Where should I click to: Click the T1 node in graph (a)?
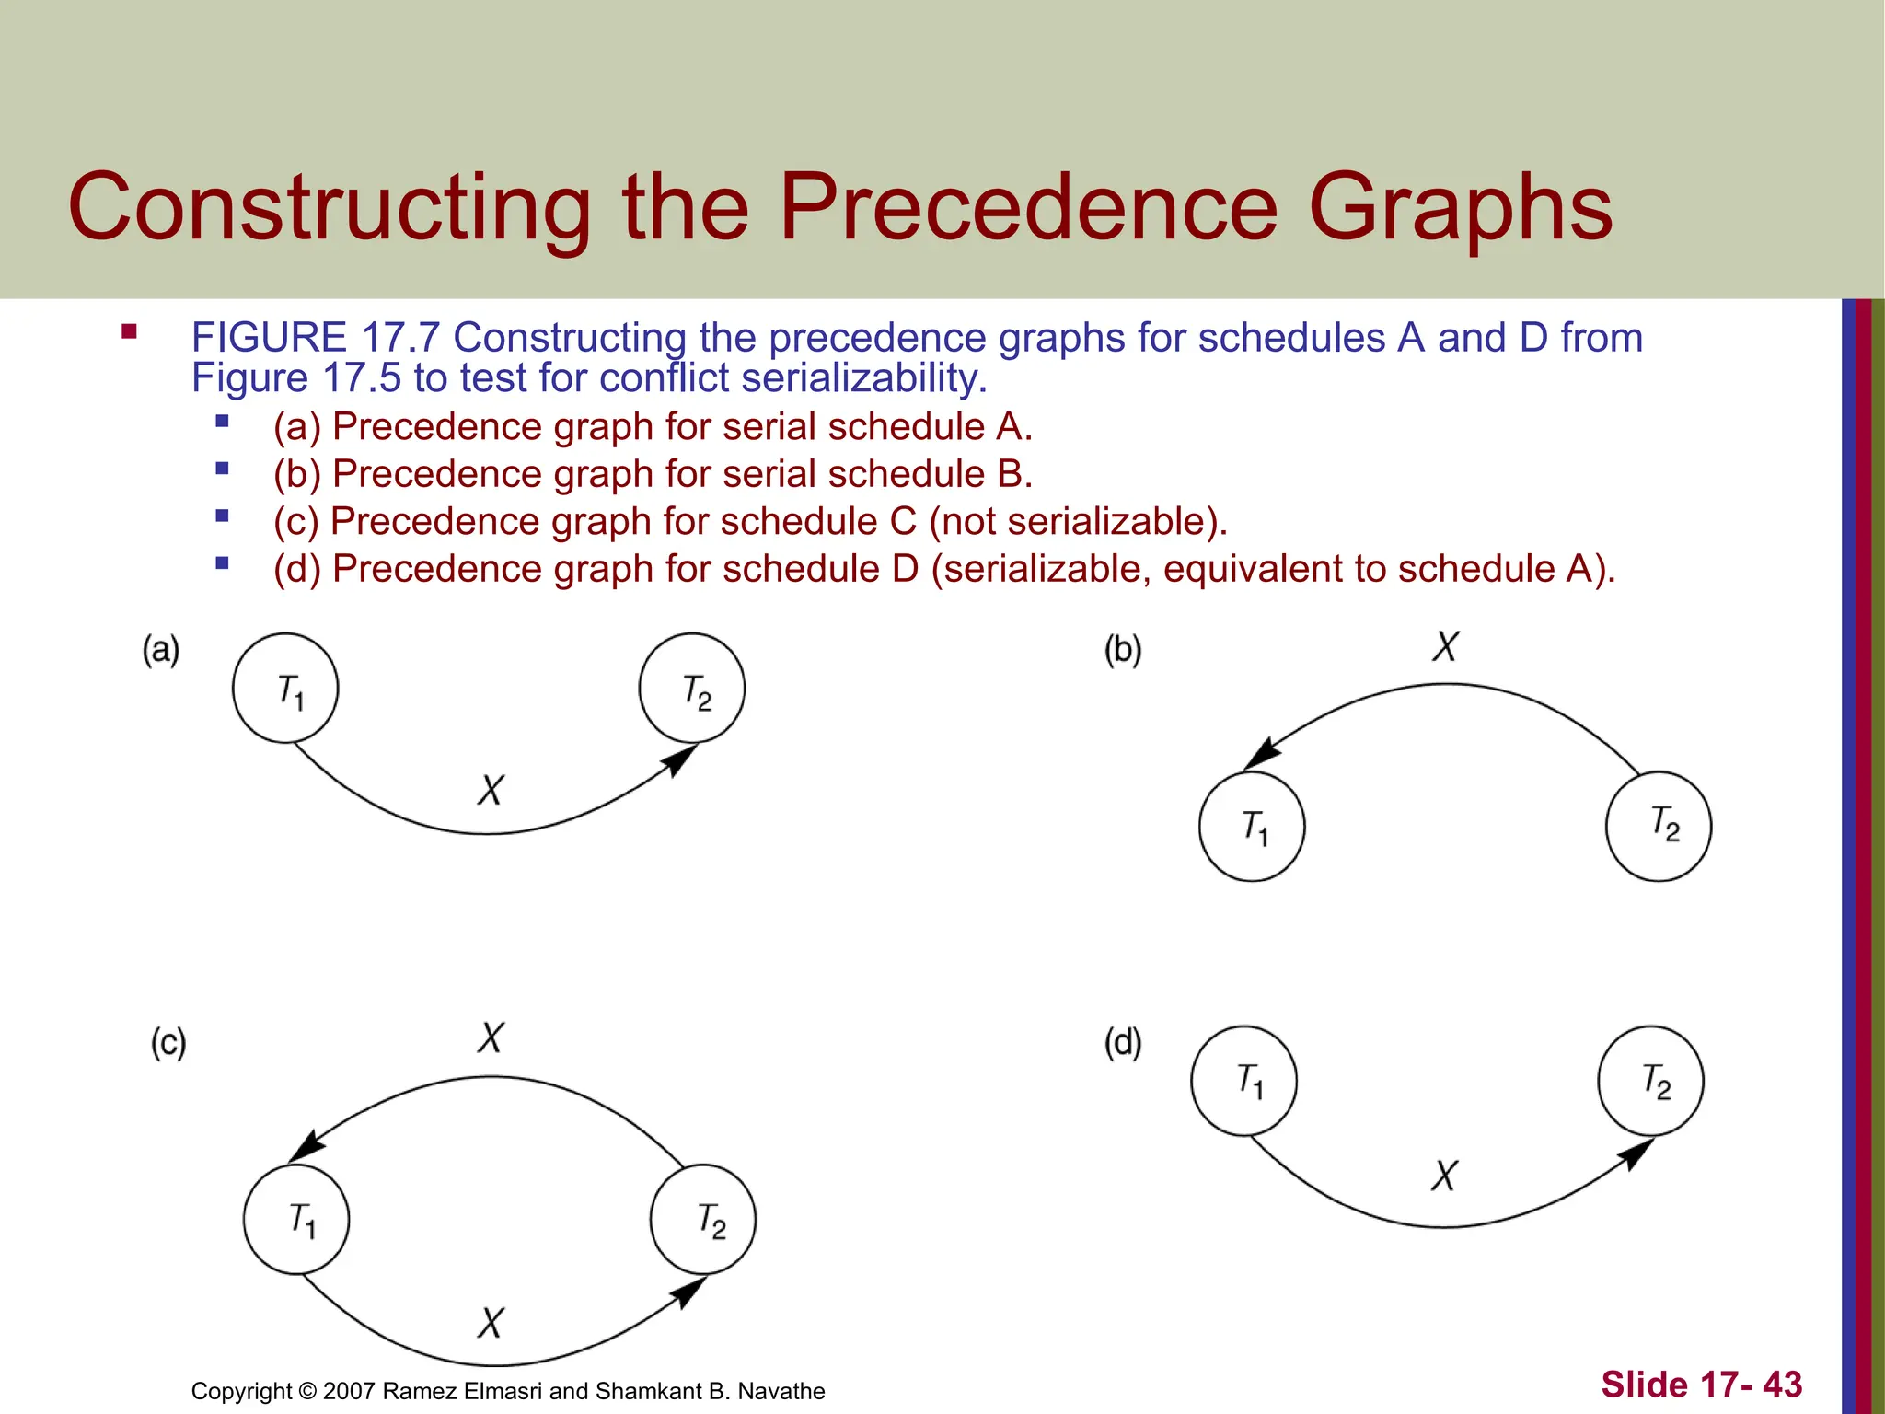(x=285, y=688)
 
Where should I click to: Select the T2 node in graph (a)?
(x=692, y=688)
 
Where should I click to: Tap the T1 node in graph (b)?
(x=1252, y=827)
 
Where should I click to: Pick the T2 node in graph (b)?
(x=1659, y=827)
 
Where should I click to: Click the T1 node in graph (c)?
(x=296, y=1220)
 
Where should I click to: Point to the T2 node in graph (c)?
(x=703, y=1220)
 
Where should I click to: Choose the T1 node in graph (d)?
(x=1244, y=1081)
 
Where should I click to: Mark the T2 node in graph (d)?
(x=1651, y=1081)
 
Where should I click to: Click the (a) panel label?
(x=161, y=650)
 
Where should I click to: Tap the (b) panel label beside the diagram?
(x=1123, y=650)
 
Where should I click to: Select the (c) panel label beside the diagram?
(x=168, y=1043)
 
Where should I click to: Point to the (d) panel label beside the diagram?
(x=1123, y=1043)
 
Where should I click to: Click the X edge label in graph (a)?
(x=491, y=790)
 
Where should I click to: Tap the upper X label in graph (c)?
(x=491, y=1037)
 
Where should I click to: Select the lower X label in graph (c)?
(x=491, y=1323)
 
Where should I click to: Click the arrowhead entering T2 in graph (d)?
(x=1636, y=1153)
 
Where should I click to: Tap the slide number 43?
(x=1782, y=1385)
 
